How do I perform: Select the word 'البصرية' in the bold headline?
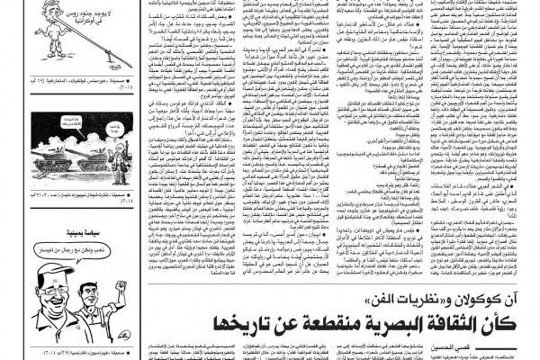(388, 322)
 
